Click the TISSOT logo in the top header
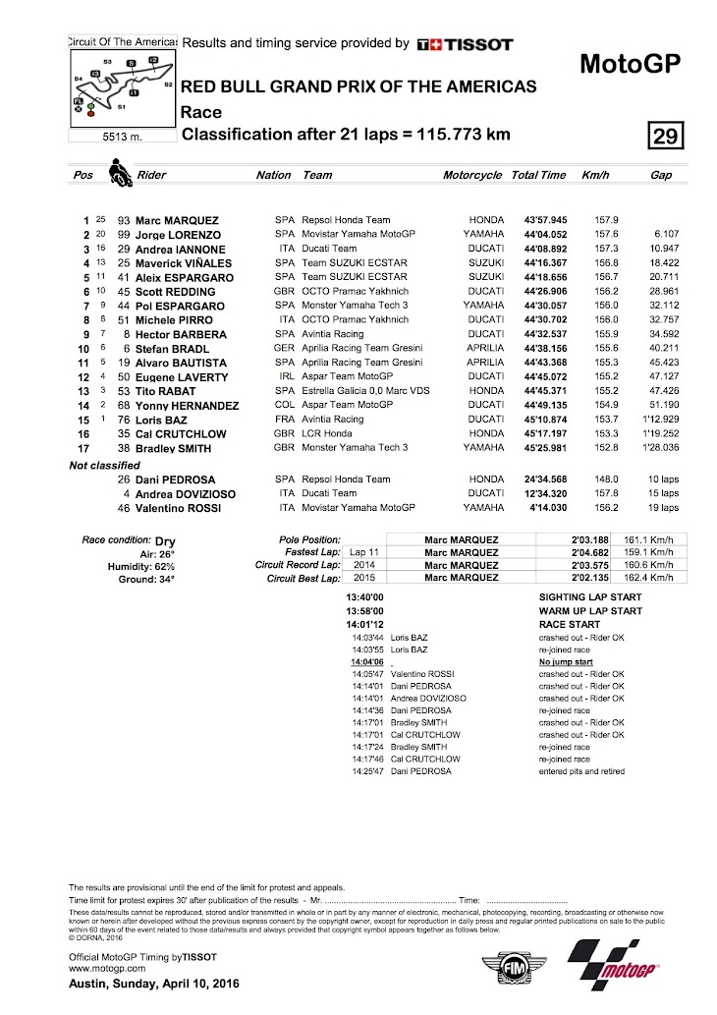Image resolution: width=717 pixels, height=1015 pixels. coord(465,44)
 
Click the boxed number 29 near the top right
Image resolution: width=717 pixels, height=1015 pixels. coord(665,136)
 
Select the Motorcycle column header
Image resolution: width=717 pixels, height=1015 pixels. coord(472,175)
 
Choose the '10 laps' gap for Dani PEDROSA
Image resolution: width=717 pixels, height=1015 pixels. coord(662,479)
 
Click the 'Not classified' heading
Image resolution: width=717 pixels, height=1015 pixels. coord(104,465)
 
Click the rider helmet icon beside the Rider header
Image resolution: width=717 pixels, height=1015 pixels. coord(121,175)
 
